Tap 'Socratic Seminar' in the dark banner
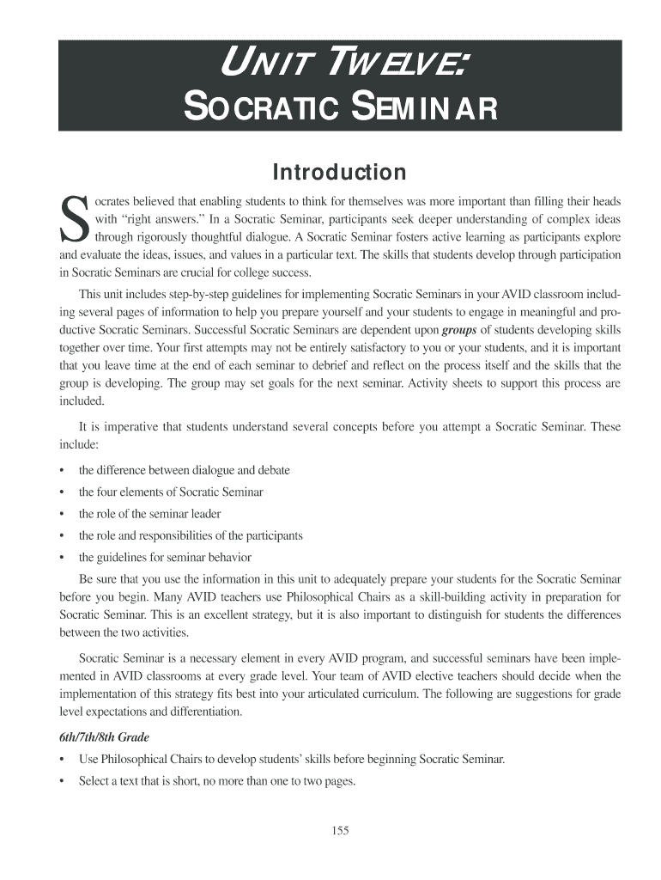[x=340, y=108]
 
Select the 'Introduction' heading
[x=339, y=173]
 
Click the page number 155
[x=339, y=830]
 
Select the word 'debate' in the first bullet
[x=272, y=471]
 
